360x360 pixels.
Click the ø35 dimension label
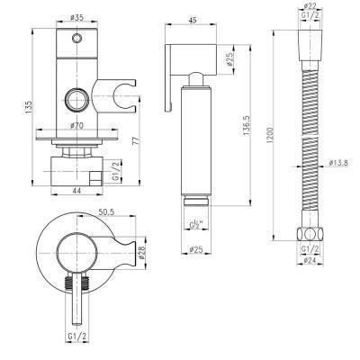coord(77,18)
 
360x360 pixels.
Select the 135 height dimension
coord(28,107)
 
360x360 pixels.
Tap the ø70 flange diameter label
coord(77,126)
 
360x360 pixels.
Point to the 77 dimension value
coord(135,140)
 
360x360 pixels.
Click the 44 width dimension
coord(77,191)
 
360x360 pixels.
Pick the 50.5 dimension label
coord(106,211)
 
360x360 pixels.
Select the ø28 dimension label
coord(141,252)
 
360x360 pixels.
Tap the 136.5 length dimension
coord(246,125)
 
